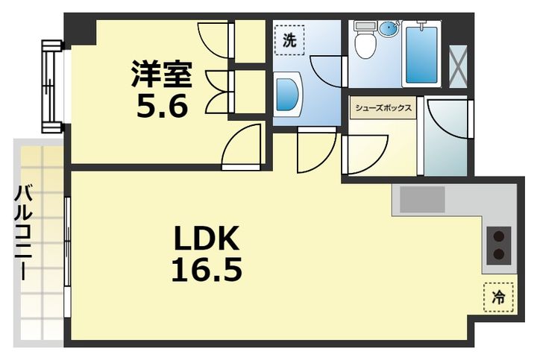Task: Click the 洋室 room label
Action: (162, 74)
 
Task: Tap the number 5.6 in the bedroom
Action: (163, 106)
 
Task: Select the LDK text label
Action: (206, 239)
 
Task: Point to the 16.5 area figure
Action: (207, 270)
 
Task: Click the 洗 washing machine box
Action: (289, 40)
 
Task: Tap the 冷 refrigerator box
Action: (499, 297)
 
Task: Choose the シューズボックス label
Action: (383, 108)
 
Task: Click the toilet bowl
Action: (365, 40)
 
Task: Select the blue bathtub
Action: (421, 54)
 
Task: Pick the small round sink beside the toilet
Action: (389, 28)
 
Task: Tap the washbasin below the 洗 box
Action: (288, 95)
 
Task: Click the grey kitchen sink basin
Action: (422, 199)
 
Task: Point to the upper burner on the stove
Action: (499, 236)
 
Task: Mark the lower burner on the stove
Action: (499, 254)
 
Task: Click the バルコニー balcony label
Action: (23, 233)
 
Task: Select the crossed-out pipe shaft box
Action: (458, 66)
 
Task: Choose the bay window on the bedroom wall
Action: (52, 86)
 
